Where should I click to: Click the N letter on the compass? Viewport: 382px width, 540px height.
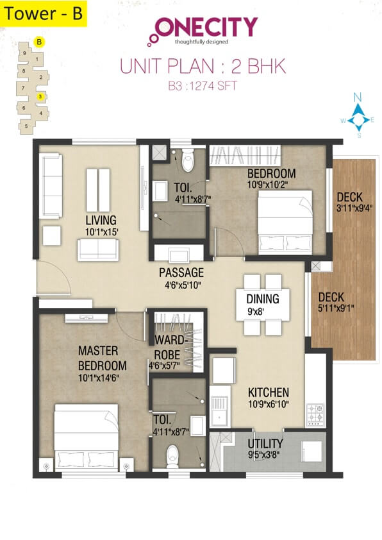point(359,97)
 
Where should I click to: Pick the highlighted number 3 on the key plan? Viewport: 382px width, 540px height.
point(40,96)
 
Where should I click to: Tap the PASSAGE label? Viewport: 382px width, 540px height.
point(181,272)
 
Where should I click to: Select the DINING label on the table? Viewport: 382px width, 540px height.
point(263,298)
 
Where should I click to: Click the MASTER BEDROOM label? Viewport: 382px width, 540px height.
point(102,358)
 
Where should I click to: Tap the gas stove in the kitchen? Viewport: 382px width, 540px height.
point(316,414)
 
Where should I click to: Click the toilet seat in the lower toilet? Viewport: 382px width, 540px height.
point(172,455)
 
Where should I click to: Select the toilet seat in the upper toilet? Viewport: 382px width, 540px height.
point(188,162)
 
